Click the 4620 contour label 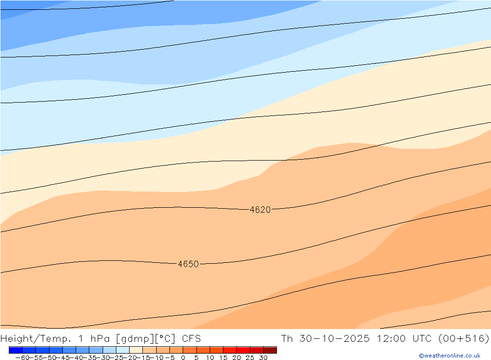[260, 210]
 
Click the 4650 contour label [188, 264]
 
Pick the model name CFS [191, 338]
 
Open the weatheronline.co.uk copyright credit [449, 356]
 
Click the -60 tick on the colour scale [22, 358]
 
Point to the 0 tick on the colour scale [183, 358]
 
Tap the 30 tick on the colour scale [263, 358]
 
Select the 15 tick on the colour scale [223, 358]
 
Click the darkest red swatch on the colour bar [270, 350]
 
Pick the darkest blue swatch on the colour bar [16, 350]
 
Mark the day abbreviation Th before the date [287, 338]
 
